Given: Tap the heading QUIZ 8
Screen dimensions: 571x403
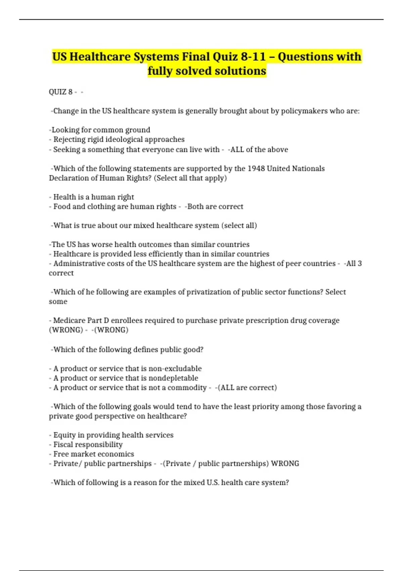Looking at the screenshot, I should (61, 92).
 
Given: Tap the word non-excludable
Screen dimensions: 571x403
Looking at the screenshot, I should (175, 368).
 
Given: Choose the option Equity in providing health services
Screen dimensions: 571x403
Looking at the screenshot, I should (113, 435).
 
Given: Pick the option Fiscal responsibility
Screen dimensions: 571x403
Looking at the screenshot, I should (88, 444).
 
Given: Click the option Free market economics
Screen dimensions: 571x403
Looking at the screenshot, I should (94, 454).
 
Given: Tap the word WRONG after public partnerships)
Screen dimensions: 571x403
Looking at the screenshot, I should (285, 464).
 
